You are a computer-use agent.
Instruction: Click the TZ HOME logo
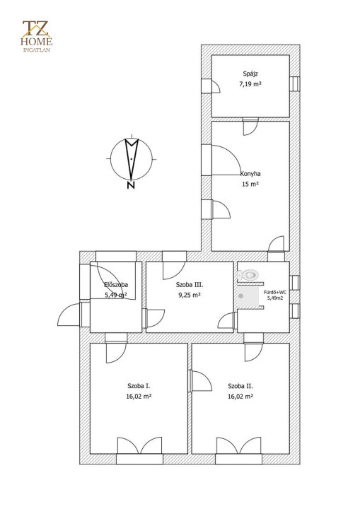pyautogui.click(x=36, y=36)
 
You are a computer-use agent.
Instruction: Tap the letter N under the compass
pyautogui.click(x=131, y=185)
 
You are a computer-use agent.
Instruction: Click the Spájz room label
pyautogui.click(x=250, y=74)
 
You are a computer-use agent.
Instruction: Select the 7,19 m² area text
pyautogui.click(x=250, y=84)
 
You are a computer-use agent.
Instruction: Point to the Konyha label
pyautogui.click(x=250, y=174)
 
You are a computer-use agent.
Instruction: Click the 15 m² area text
pyautogui.click(x=250, y=184)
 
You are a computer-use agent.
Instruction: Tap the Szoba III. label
pyautogui.click(x=190, y=285)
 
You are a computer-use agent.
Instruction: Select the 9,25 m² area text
pyautogui.click(x=190, y=295)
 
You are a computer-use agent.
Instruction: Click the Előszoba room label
pyautogui.click(x=116, y=285)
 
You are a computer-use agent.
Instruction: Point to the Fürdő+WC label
pyautogui.click(x=275, y=292)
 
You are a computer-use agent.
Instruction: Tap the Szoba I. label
pyautogui.click(x=139, y=386)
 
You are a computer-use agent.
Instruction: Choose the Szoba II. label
pyautogui.click(x=240, y=386)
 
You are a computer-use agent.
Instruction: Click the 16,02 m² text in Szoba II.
pyautogui.click(x=240, y=397)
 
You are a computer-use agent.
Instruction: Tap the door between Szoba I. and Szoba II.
pyautogui.click(x=200, y=381)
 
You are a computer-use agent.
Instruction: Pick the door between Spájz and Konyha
pyautogui.click(x=250, y=127)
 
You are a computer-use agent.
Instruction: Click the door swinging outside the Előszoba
pyautogui.click(x=69, y=314)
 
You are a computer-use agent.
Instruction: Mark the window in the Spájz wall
pyautogui.click(x=295, y=83)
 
